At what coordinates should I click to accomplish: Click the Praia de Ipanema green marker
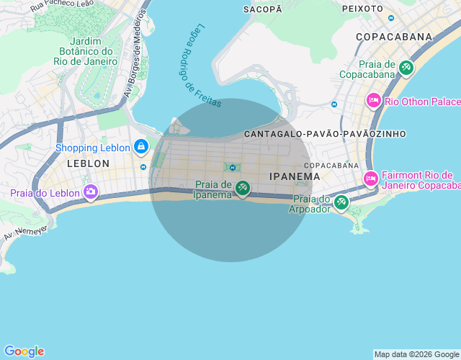(243, 189)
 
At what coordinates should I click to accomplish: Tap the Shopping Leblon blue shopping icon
(140, 148)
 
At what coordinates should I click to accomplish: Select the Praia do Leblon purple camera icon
(91, 192)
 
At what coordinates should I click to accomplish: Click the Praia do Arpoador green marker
(341, 202)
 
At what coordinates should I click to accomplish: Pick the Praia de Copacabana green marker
(406, 68)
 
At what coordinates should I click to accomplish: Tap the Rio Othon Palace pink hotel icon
(374, 101)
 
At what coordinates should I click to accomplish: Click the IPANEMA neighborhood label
(294, 176)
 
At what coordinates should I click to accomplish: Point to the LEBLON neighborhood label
(88, 163)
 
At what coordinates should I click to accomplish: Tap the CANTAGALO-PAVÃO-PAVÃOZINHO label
(325, 134)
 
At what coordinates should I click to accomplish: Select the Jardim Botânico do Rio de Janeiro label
(85, 50)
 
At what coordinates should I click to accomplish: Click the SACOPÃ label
(262, 9)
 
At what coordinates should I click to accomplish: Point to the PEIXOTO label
(362, 9)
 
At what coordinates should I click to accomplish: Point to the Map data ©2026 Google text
(416, 354)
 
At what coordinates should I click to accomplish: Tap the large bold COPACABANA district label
(393, 37)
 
